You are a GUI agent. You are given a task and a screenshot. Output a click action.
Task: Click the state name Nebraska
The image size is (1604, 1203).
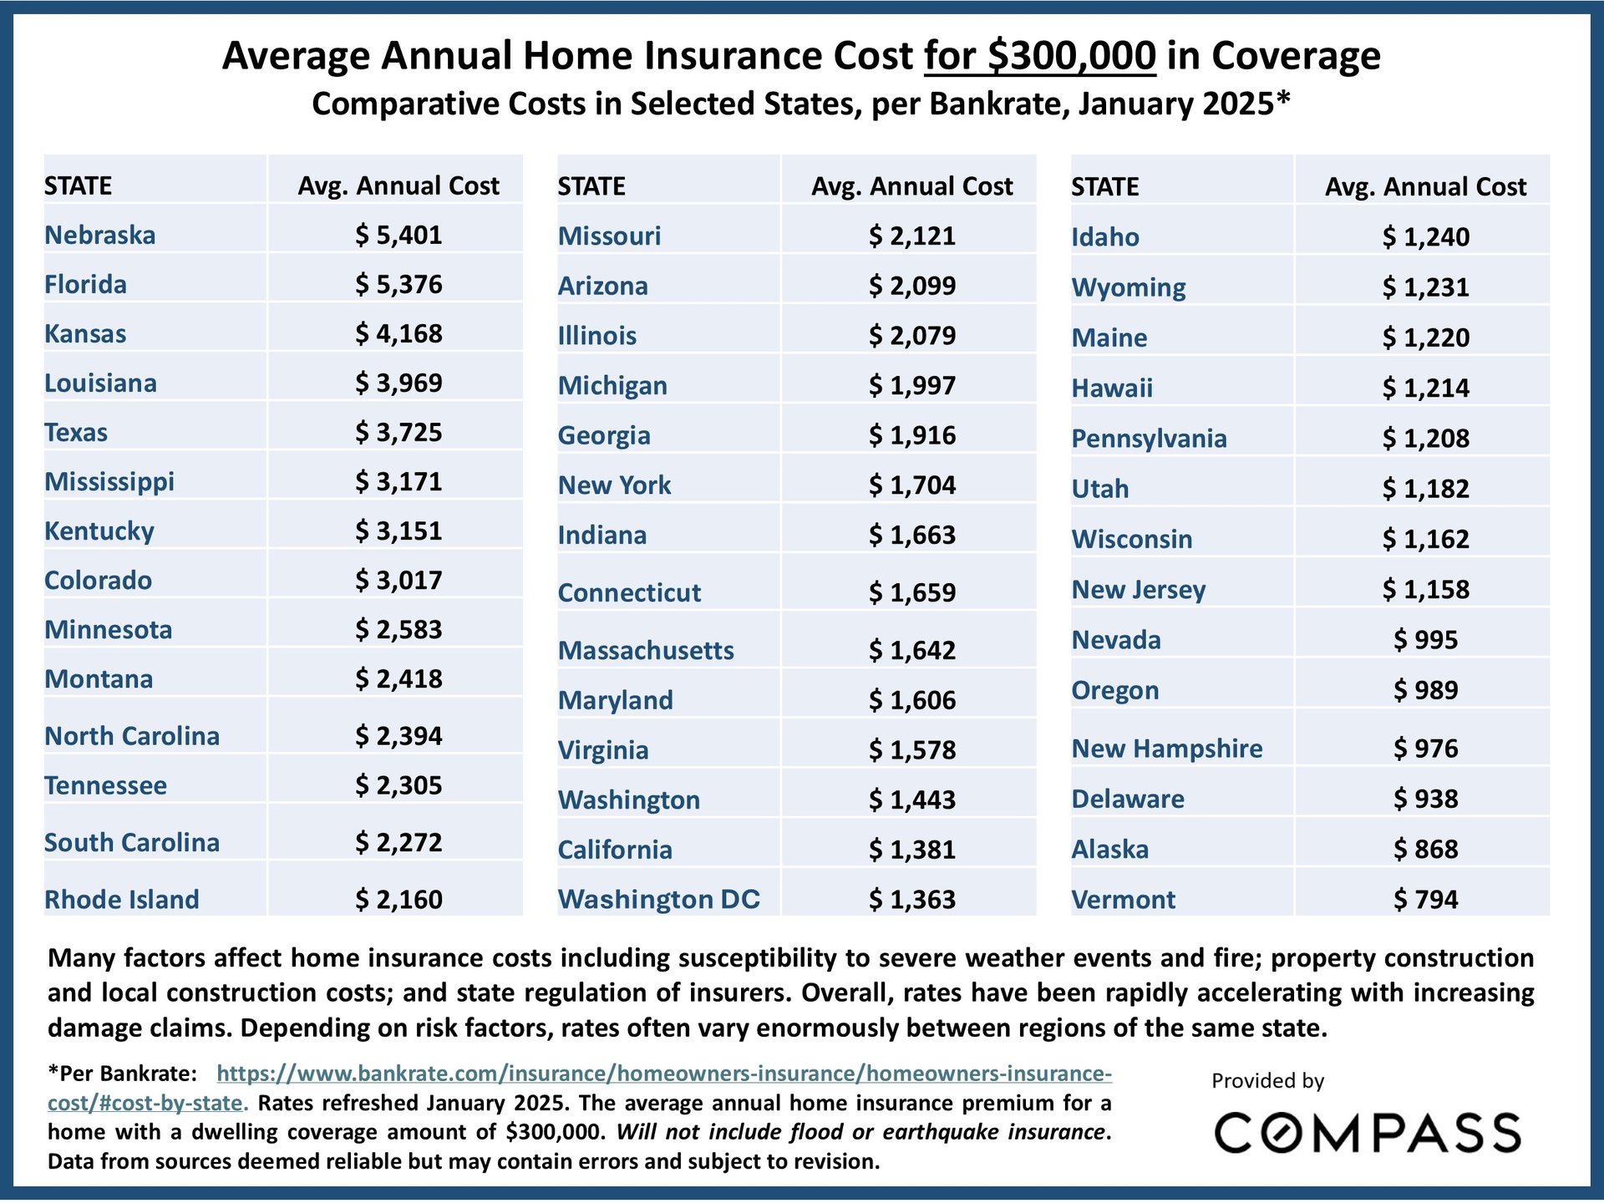(x=99, y=235)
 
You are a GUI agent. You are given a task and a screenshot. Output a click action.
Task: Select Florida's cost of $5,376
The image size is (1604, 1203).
(x=398, y=284)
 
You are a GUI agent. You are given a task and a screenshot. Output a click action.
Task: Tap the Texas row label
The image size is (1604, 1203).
(x=76, y=432)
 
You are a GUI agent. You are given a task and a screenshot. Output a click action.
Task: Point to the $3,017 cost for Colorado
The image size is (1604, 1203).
(x=398, y=580)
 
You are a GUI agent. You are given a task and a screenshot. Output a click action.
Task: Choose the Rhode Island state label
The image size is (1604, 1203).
(x=122, y=899)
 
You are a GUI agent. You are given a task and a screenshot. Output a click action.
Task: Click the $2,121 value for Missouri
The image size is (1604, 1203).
(x=912, y=236)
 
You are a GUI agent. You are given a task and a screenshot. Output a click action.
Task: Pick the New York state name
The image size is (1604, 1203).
(x=614, y=485)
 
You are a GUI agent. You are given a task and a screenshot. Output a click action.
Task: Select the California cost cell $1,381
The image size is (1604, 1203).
(x=912, y=850)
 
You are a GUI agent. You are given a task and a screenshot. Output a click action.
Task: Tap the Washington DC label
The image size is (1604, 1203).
(x=659, y=899)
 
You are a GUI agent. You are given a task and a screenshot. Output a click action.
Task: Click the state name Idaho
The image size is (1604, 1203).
(x=1105, y=237)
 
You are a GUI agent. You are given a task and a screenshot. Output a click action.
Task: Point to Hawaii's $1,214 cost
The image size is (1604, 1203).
(x=1425, y=388)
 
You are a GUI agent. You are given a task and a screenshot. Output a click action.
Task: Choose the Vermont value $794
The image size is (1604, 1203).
(x=1425, y=899)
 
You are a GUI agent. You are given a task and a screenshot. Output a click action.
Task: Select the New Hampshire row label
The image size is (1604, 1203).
(x=1167, y=749)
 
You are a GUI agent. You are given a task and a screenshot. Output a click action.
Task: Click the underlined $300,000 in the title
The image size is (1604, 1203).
(x=1040, y=56)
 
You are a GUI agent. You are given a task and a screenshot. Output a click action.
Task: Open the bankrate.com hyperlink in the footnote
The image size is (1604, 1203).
(x=664, y=1074)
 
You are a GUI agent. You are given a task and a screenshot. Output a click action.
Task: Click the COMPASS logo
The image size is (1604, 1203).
(x=1368, y=1134)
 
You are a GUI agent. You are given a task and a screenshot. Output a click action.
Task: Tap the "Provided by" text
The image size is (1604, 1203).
(x=1267, y=1081)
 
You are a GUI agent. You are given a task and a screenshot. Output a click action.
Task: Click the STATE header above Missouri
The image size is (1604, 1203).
(x=591, y=185)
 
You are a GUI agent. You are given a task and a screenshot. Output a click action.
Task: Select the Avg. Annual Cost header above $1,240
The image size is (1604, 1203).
(x=1425, y=186)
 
